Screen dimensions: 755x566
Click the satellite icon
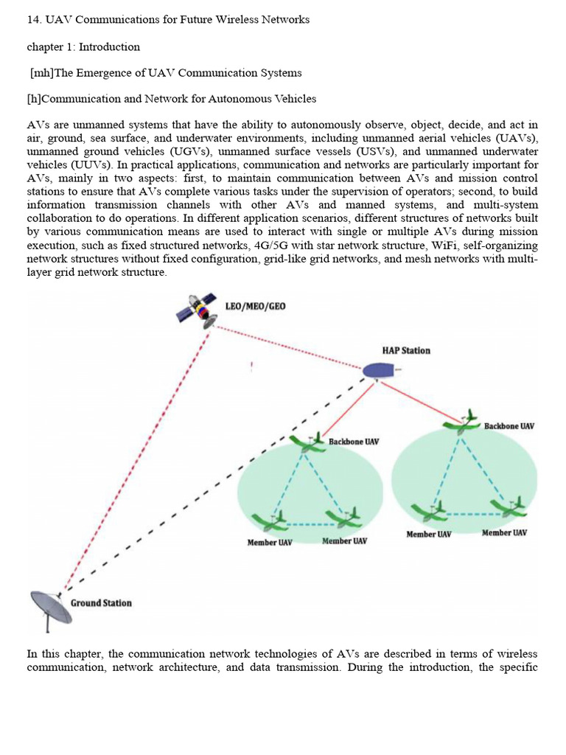[x=195, y=309]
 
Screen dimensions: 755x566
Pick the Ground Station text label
[x=101, y=603]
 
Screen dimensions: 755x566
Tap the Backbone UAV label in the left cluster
[x=354, y=442]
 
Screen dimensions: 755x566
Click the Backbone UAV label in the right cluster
[x=509, y=426]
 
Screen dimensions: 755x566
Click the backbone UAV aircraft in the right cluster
[x=461, y=422]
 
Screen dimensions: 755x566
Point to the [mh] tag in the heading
[x=42, y=73]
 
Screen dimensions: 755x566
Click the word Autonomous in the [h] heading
[x=241, y=99]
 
